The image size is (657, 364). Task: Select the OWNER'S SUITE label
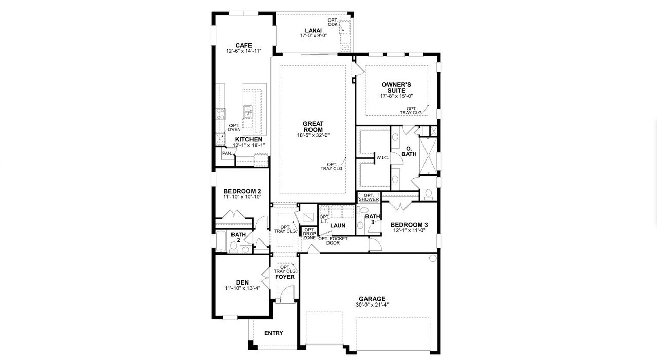[396, 87]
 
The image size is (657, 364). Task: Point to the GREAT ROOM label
[313, 127]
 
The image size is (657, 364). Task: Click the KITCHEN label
[248, 139]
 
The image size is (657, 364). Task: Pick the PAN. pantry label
[227, 153]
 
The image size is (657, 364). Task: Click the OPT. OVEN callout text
[234, 127]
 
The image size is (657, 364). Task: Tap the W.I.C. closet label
[382, 158]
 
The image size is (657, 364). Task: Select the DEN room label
[242, 281]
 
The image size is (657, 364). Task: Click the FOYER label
[285, 277]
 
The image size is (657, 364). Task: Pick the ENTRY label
[274, 333]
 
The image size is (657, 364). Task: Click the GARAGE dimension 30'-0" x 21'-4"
[372, 305]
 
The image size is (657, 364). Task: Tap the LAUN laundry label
[337, 225]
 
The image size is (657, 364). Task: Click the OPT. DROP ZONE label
[310, 233]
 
